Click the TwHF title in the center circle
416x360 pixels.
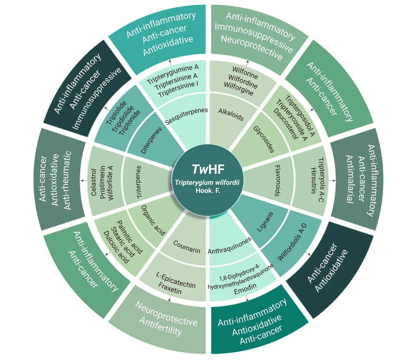208,169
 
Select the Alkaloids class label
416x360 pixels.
231,115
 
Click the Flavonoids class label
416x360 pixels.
278,180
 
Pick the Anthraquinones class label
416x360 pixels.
229,246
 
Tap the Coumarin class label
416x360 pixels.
187,247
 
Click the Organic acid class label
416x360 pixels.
153,220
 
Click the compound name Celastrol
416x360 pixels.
94,182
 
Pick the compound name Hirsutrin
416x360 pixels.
313,180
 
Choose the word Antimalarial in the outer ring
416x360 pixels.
349,179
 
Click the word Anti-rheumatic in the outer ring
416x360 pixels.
67,180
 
